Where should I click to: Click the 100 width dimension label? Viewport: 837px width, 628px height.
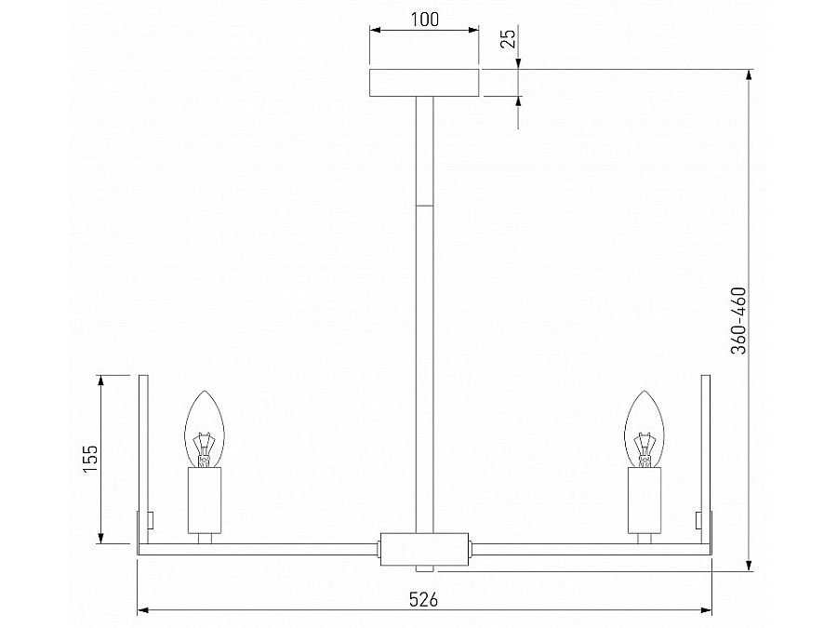(424, 19)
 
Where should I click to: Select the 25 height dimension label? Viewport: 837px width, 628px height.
(507, 39)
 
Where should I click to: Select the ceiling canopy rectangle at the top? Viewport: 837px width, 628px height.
(424, 82)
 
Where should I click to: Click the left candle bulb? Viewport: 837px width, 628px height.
(206, 429)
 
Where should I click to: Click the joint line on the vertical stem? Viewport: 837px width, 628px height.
(424, 205)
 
